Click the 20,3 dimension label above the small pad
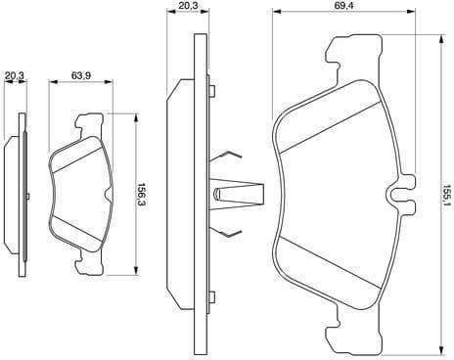(x=14, y=75)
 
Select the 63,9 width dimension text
(x=82, y=75)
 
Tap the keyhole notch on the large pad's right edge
(x=397, y=194)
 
